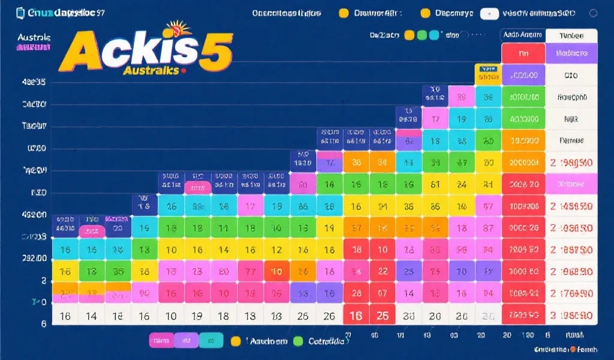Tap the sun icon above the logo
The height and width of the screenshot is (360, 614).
[178, 28]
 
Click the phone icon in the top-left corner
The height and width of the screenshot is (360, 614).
[20, 13]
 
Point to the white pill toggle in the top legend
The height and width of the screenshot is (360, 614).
[489, 13]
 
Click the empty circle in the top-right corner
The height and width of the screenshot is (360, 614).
[594, 13]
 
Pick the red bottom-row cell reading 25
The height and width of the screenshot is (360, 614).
[383, 316]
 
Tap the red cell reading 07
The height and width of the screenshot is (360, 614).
[383, 293]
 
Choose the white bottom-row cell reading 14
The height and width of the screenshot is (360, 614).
[92, 316]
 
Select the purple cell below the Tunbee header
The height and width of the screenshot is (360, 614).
[571, 53]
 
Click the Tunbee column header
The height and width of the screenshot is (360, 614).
[571, 35]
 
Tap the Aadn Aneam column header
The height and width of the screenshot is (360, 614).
[523, 35]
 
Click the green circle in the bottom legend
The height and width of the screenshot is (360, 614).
[298, 341]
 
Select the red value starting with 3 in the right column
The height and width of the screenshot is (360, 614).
[572, 314]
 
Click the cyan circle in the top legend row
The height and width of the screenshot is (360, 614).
[434, 35]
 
